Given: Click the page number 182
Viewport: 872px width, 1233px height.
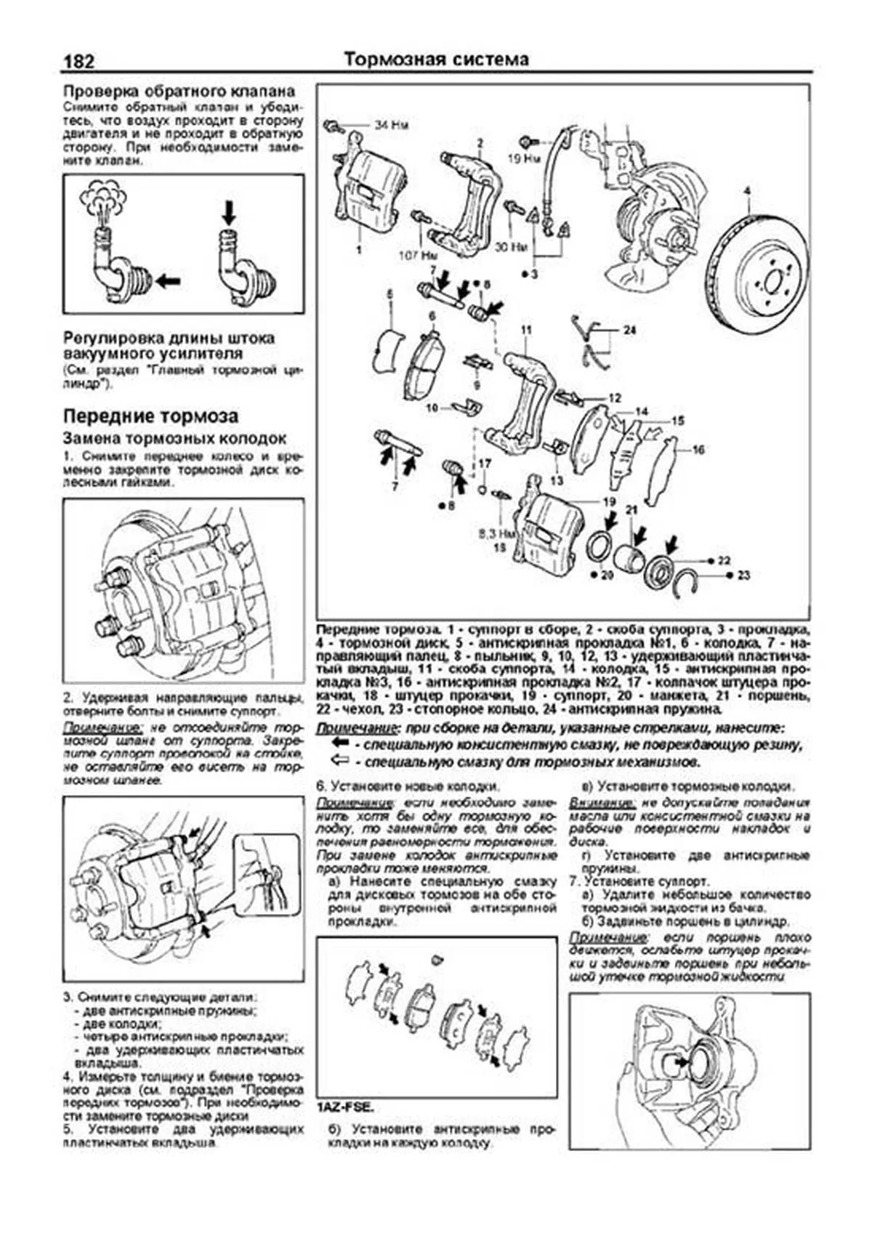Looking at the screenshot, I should [78, 62].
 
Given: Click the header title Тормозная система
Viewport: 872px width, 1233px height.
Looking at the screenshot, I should [436, 59].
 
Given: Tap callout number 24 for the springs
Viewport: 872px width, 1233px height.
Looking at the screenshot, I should [629, 330].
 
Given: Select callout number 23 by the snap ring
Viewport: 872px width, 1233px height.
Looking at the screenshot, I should [743, 575].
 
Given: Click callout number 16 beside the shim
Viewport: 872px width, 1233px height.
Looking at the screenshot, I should [698, 450].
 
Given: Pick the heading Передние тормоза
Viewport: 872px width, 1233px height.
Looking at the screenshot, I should [150, 416].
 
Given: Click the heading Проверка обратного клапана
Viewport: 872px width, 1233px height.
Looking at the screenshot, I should [179, 92].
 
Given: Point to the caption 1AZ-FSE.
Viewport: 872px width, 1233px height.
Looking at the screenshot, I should [346, 1107].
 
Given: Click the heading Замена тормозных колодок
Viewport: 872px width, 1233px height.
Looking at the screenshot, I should [174, 439].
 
